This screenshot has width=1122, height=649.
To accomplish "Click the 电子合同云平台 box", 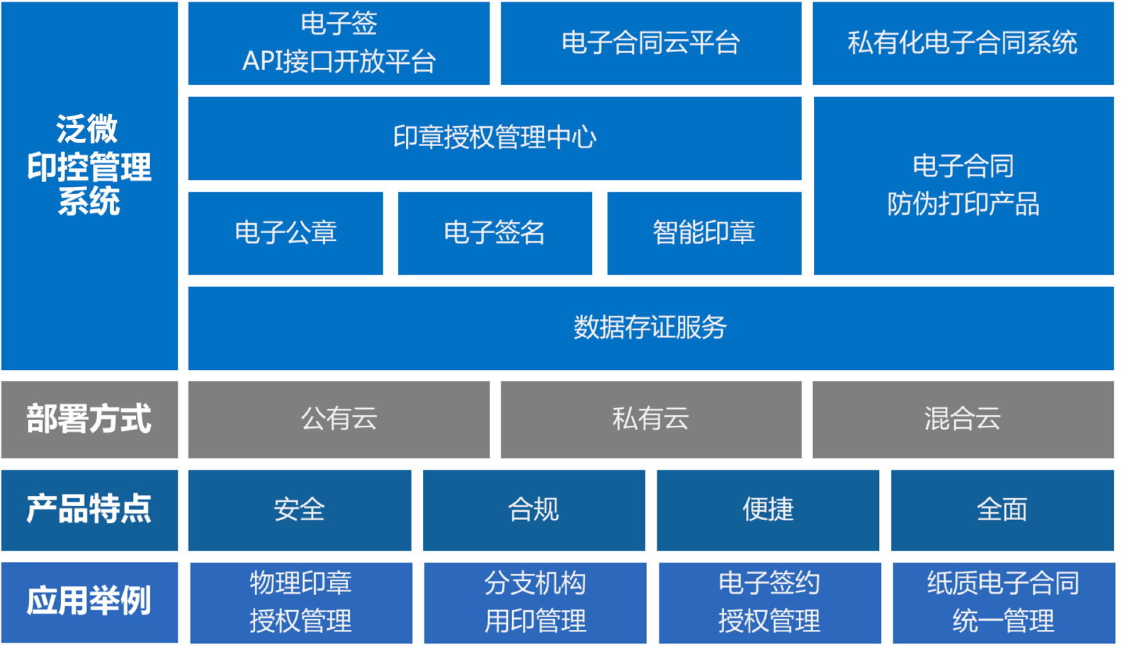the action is click(x=651, y=43).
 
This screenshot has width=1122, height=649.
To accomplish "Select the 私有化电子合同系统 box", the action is click(x=963, y=43).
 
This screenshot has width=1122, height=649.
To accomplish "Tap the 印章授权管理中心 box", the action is click(x=495, y=138).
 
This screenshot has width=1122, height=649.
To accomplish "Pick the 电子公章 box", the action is click(x=285, y=233).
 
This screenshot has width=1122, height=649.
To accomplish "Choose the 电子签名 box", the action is click(x=495, y=233).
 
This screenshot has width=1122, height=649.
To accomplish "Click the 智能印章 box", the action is click(x=704, y=233).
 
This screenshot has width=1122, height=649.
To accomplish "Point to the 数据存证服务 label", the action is click(x=650, y=328).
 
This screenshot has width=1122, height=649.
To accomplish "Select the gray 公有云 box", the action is click(x=339, y=419).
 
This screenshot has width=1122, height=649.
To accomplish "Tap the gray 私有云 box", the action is click(x=651, y=419).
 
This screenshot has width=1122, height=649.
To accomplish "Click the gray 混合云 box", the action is click(x=963, y=419).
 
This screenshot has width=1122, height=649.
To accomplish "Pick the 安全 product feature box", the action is click(x=300, y=510).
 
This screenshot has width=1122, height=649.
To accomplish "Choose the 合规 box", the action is click(x=534, y=510).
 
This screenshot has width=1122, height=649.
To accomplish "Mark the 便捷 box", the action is click(x=768, y=510).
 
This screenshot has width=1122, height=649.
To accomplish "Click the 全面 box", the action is click(x=1002, y=510).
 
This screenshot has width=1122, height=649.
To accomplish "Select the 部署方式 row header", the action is click(x=89, y=419).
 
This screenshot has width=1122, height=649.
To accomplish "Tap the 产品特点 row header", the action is click(x=89, y=510).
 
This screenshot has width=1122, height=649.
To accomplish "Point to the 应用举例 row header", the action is click(x=89, y=602).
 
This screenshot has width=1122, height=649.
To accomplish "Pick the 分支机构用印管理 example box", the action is click(x=535, y=603).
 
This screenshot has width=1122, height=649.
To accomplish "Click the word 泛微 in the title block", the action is click(x=87, y=129).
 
